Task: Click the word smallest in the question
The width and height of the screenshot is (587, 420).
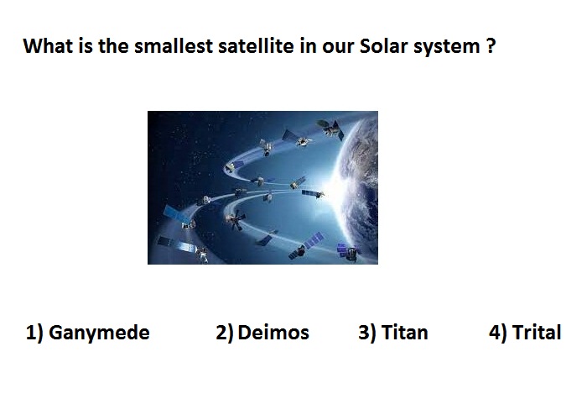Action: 174,46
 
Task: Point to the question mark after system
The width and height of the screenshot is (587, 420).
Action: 491,46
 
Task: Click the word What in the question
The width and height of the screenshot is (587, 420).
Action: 49,46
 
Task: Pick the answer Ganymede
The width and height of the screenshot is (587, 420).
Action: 99,333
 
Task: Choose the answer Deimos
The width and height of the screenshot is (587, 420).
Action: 273,333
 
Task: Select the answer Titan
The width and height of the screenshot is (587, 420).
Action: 404,333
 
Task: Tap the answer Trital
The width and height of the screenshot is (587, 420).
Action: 537,333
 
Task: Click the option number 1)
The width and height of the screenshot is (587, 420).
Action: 34,333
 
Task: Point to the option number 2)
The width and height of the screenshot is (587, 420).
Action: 224,333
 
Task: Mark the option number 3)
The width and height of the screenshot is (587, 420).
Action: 367,333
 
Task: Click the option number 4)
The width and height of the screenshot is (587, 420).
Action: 497,333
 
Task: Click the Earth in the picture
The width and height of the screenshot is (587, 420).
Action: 360,187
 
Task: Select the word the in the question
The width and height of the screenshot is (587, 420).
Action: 113,46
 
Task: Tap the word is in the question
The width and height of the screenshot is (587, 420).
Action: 86,46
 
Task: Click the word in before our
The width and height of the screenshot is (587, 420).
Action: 308,46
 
